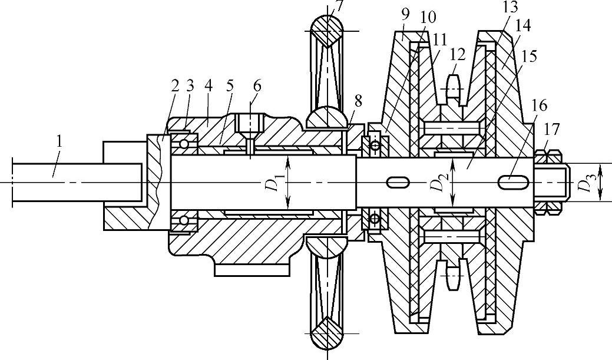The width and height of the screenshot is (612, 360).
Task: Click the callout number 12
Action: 457,55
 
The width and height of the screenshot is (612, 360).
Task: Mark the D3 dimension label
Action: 584,184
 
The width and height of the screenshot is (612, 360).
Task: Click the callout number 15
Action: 529,57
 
